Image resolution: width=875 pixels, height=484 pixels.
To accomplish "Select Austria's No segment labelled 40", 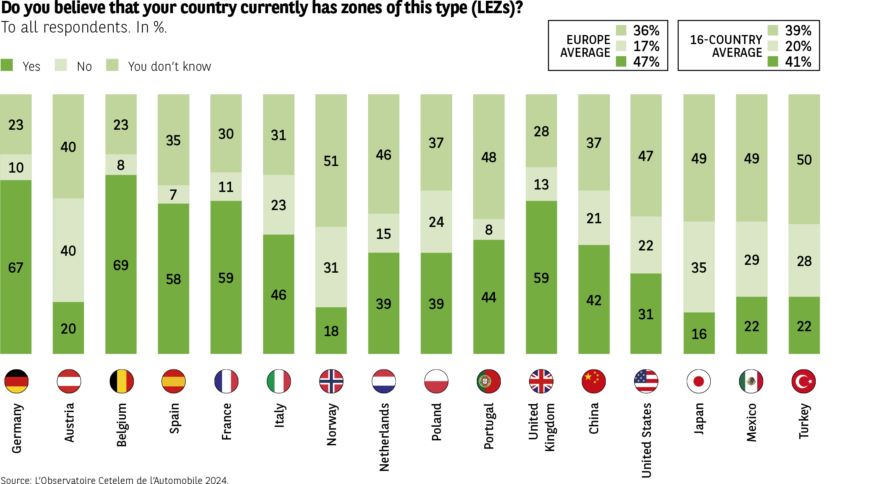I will [68, 250].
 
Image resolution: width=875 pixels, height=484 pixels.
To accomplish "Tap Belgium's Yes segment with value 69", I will [121, 264].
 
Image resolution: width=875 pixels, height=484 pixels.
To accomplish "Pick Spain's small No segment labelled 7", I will [173, 194].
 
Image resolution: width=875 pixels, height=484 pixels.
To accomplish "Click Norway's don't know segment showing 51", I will [331, 161].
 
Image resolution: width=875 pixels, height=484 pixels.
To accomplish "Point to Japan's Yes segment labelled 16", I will [699, 333].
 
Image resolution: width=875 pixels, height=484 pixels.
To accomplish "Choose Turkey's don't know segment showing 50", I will [804, 159].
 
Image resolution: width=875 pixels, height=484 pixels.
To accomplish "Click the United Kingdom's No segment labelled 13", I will [541, 184].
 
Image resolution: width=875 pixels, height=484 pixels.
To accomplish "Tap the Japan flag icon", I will [699, 381].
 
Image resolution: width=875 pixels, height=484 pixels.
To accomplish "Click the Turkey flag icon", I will [803, 381].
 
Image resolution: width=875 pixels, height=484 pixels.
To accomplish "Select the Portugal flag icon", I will [488, 381].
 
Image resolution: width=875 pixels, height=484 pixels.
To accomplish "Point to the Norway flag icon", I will [331, 381].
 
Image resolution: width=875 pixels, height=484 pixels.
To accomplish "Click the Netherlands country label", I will [384, 437].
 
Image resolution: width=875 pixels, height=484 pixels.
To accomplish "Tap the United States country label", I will [646, 440].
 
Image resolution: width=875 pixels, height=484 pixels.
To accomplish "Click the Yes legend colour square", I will [7, 65].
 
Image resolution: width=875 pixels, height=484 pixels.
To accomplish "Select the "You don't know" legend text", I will [169, 66].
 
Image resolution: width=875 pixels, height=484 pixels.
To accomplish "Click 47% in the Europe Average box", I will [646, 62].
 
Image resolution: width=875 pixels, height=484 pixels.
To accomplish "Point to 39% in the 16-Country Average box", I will [798, 30].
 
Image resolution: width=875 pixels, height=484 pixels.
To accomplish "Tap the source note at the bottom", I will [114, 480].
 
